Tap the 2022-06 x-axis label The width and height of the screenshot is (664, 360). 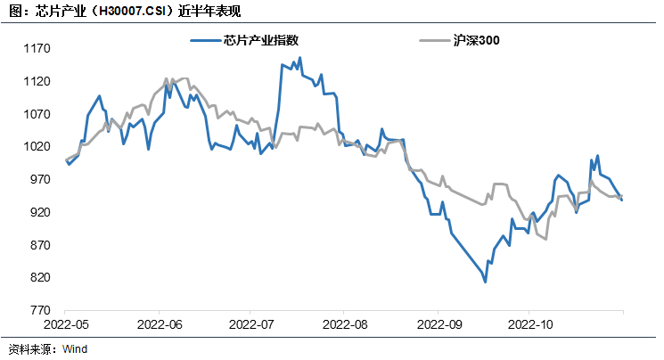(x=160, y=326)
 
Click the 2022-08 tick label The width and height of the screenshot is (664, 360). (x=345, y=326)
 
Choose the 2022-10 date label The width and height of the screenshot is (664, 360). (x=530, y=326)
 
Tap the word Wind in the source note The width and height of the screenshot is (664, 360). (x=75, y=349)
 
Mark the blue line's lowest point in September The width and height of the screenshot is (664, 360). (x=485, y=282)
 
